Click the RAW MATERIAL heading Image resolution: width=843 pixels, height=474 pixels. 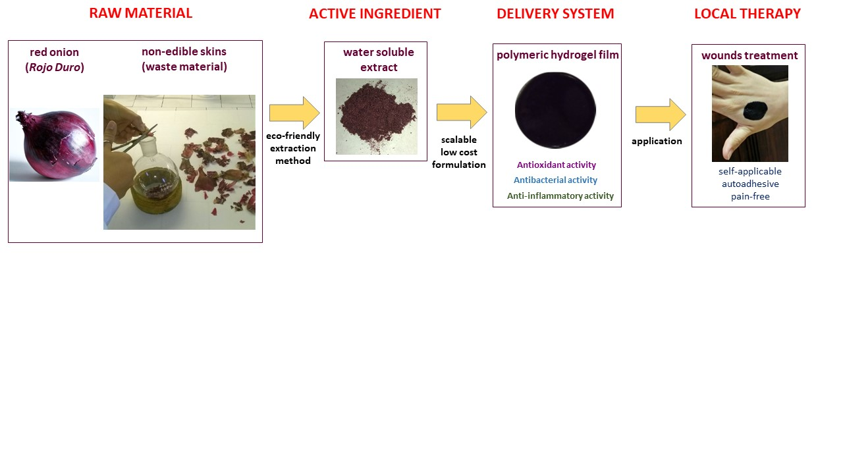click(x=140, y=13)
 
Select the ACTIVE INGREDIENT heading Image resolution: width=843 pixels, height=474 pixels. click(x=375, y=14)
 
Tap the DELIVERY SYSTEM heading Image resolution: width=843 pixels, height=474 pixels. click(x=555, y=14)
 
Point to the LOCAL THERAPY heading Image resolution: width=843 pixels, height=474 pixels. click(x=748, y=14)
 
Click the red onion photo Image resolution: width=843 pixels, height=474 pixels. click(x=54, y=145)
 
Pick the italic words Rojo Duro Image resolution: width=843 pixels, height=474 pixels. click(x=55, y=67)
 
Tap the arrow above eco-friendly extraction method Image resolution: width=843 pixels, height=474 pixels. click(x=294, y=113)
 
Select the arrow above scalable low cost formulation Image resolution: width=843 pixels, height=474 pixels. click(x=461, y=112)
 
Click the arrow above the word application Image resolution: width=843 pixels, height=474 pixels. click(x=660, y=115)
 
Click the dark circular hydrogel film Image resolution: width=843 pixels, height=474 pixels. click(x=555, y=111)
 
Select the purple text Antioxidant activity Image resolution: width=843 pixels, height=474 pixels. click(x=557, y=165)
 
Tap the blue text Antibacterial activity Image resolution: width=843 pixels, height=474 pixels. click(x=555, y=180)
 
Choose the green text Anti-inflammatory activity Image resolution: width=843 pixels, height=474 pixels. click(x=560, y=196)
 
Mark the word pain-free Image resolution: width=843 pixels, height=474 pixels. click(x=750, y=196)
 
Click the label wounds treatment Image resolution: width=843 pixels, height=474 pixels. click(x=749, y=56)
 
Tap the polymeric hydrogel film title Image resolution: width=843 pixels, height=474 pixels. click(x=557, y=55)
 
